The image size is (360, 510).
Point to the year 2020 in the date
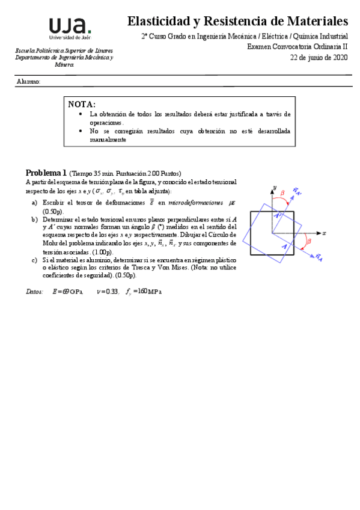(x=339, y=57)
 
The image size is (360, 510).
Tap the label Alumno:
(x=28, y=81)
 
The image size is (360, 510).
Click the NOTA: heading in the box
(x=82, y=104)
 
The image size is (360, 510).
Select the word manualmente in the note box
(x=108, y=140)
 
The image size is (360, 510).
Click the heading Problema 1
(x=46, y=172)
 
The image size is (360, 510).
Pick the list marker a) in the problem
(x=34, y=203)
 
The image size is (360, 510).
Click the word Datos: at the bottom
(x=34, y=291)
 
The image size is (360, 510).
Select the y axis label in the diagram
(x=273, y=188)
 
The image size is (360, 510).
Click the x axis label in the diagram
(x=323, y=232)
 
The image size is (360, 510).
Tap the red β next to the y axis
(x=282, y=194)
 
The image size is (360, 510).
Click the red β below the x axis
(x=309, y=242)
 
